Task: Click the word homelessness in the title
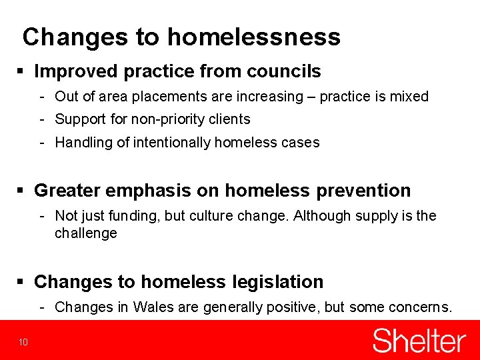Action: point(253,37)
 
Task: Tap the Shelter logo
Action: point(419,341)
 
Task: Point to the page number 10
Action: point(23,343)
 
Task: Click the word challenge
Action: point(86,233)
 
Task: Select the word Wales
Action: point(153,307)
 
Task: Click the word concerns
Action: point(422,307)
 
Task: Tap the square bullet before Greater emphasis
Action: point(23,191)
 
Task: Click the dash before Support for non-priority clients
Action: point(41,119)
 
